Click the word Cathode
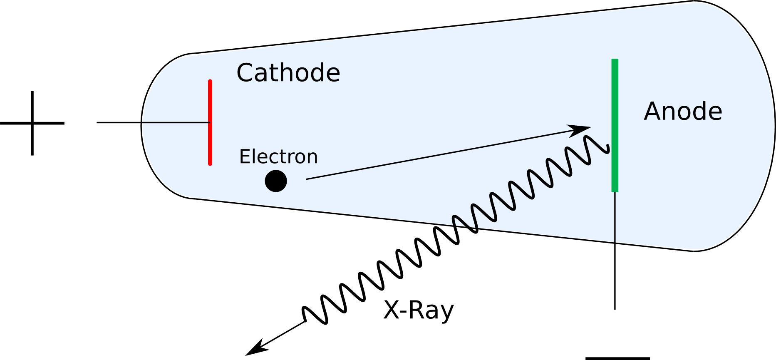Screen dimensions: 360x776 click(x=288, y=73)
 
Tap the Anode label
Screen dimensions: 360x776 click(x=683, y=112)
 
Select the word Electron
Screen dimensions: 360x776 click(x=278, y=157)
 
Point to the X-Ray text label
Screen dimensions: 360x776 click(x=418, y=310)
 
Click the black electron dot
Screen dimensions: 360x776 click(x=276, y=181)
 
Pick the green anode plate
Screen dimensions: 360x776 click(x=615, y=125)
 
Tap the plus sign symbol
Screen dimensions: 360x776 click(x=32, y=123)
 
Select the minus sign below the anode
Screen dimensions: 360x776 click(x=617, y=358)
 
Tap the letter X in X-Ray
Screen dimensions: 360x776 click(x=391, y=310)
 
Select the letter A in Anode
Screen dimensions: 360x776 click(x=654, y=112)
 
